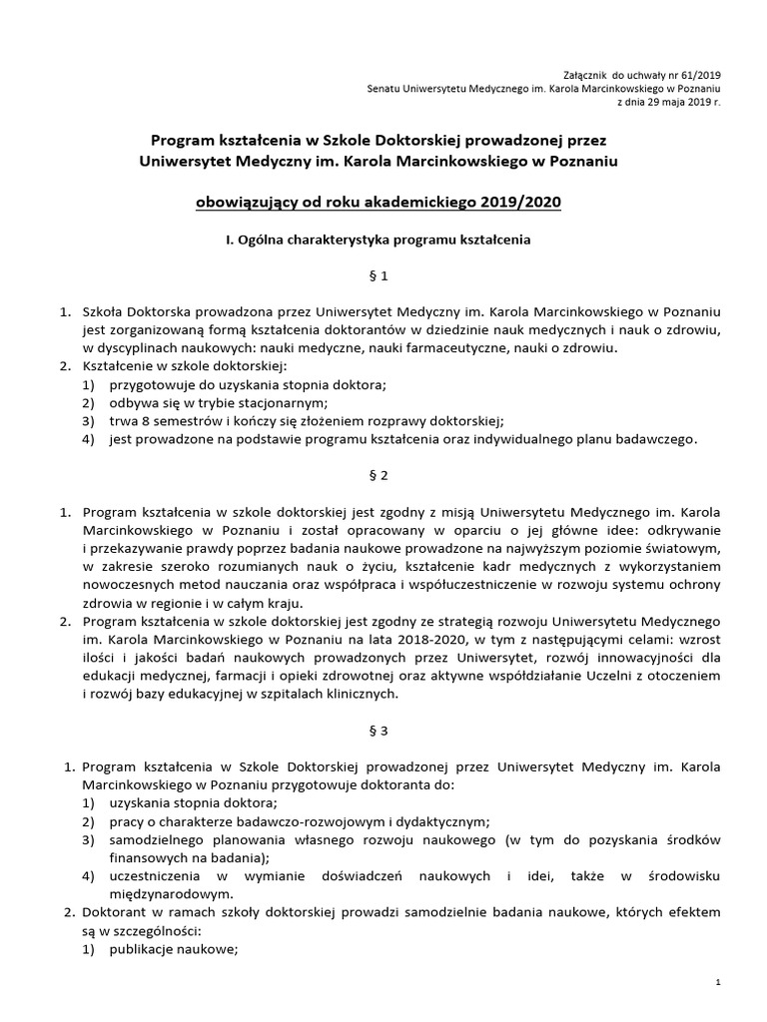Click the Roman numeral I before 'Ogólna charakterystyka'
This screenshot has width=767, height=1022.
click(228, 240)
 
